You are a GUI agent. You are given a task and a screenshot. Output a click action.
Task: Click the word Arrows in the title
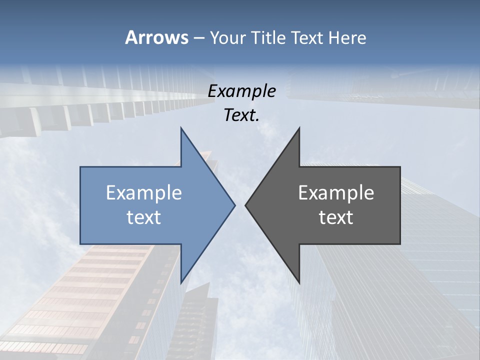pyautogui.click(x=156, y=37)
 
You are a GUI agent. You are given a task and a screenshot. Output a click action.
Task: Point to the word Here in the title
pyautogui.click(x=347, y=37)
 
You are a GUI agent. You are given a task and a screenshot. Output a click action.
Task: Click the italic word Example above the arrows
pyautogui.click(x=241, y=91)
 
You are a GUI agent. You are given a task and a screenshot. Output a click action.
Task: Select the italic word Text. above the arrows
pyautogui.click(x=241, y=115)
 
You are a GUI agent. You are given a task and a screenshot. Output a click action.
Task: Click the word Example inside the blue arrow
pyautogui.click(x=144, y=192)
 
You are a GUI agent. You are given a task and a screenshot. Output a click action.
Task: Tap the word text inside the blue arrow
pyautogui.click(x=144, y=217)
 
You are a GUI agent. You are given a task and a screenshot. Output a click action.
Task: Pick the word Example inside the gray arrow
pyautogui.click(x=336, y=192)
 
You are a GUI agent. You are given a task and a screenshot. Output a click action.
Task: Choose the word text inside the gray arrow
pyautogui.click(x=336, y=217)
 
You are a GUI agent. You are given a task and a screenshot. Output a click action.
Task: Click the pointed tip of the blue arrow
pyautogui.click(x=235, y=205)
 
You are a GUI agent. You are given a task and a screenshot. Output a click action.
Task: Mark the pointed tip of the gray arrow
pyautogui.click(x=245, y=205)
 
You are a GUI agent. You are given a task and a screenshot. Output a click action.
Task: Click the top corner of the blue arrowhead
pyautogui.click(x=181, y=128)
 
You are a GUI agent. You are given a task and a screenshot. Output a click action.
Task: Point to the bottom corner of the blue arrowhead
pyautogui.click(x=181, y=283)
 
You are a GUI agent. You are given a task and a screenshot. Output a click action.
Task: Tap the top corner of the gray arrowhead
pyautogui.click(x=299, y=128)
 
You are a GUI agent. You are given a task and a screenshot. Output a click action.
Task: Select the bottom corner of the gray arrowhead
pyautogui.click(x=299, y=283)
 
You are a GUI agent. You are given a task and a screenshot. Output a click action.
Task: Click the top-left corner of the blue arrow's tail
pyautogui.click(x=80, y=167)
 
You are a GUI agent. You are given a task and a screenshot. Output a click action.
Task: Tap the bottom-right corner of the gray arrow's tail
pyautogui.click(x=400, y=243)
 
